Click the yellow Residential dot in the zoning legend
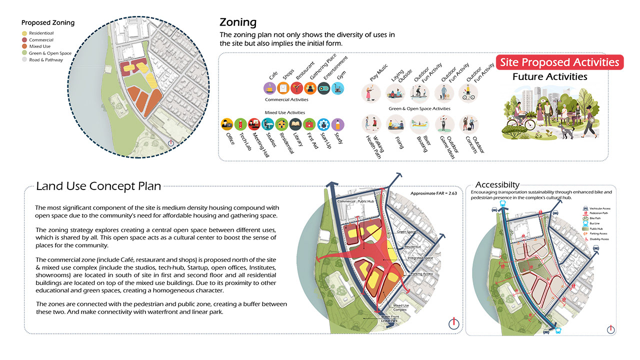pyautogui.click(x=24, y=33)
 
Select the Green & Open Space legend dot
pyautogui.click(x=24, y=53)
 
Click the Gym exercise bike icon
pyautogui.click(x=337, y=88)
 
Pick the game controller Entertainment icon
pyautogui.click(x=324, y=88)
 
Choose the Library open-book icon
pyautogui.click(x=295, y=124)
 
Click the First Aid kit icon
pyautogui.click(x=309, y=124)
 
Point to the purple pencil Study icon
pyautogui.click(x=337, y=124)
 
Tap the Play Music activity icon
pyautogui.click(x=370, y=93)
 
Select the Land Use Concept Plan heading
pyautogui.click(x=98, y=186)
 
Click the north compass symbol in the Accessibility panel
pyautogui.click(x=610, y=329)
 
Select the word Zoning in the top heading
pyautogui.click(x=238, y=22)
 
